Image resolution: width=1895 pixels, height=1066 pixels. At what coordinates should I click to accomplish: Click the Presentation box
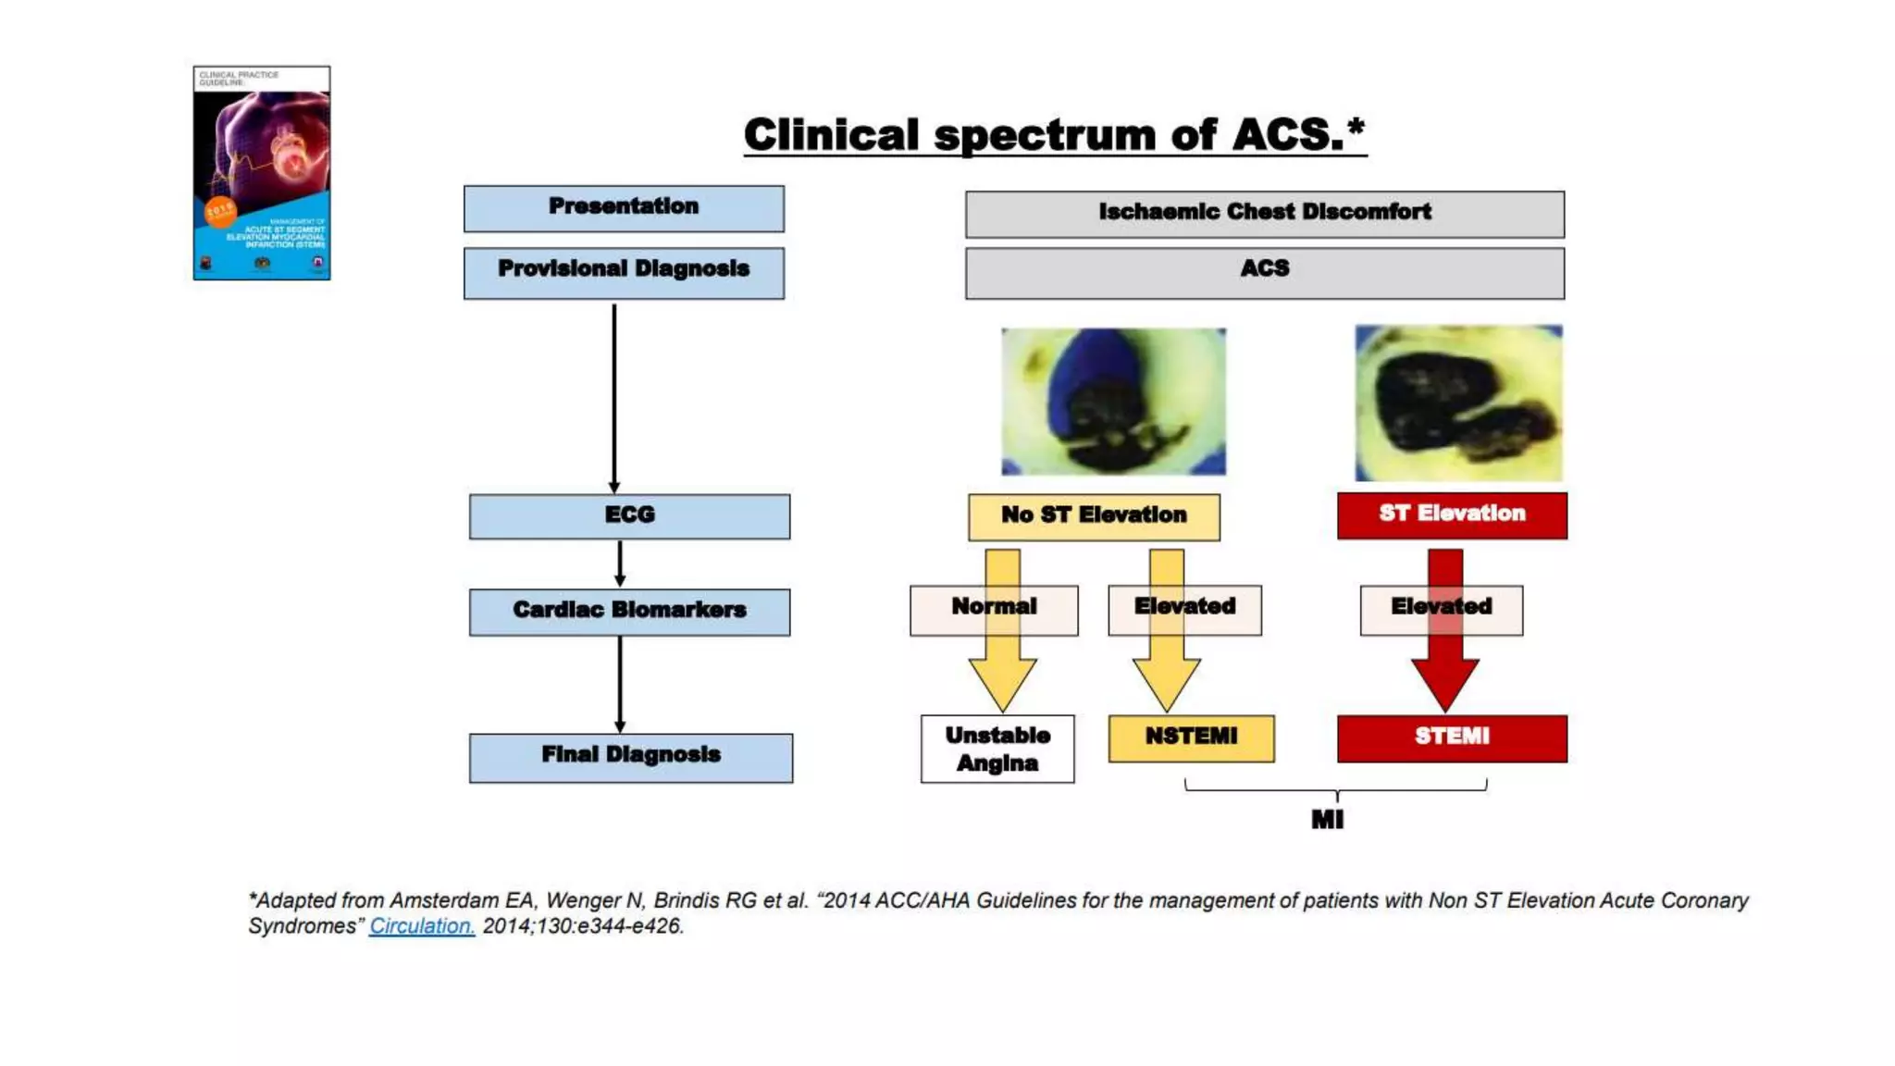[x=624, y=208]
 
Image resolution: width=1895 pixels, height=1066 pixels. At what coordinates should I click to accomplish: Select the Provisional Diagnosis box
[x=624, y=272]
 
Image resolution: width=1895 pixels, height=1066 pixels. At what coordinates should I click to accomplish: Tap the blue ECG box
[x=629, y=516]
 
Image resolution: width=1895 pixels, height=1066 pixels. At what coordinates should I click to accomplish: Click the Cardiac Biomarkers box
[x=629, y=612]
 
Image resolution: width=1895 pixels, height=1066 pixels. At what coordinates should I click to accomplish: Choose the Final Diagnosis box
[x=630, y=757]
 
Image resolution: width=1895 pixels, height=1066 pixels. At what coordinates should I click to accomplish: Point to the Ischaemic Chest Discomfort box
[x=1264, y=214]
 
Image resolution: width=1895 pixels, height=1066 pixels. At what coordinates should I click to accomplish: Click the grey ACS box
[x=1264, y=272]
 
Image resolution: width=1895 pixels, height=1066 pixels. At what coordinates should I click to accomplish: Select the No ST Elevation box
[x=1094, y=516]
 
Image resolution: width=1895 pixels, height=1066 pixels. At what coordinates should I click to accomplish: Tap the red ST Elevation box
[x=1452, y=514]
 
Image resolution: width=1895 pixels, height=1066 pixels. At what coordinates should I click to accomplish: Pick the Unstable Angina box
[x=997, y=749]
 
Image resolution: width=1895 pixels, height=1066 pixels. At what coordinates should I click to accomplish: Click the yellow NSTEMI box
[x=1191, y=738]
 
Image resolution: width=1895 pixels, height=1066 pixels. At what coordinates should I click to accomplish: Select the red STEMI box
[x=1452, y=738]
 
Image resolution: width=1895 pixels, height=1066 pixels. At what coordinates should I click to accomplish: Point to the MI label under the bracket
[x=1327, y=820]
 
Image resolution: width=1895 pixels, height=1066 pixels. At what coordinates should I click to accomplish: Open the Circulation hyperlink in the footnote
[x=422, y=926]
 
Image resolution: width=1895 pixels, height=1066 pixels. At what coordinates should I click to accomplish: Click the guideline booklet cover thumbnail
[x=262, y=173]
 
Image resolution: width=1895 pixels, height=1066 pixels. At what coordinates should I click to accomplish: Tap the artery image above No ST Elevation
[x=1113, y=402]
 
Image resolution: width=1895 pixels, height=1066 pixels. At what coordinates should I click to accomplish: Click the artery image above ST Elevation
[x=1458, y=403]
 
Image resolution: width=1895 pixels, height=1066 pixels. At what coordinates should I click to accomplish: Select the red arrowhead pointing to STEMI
[x=1444, y=685]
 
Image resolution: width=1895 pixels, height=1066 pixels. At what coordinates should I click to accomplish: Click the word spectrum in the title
[x=1045, y=135]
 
